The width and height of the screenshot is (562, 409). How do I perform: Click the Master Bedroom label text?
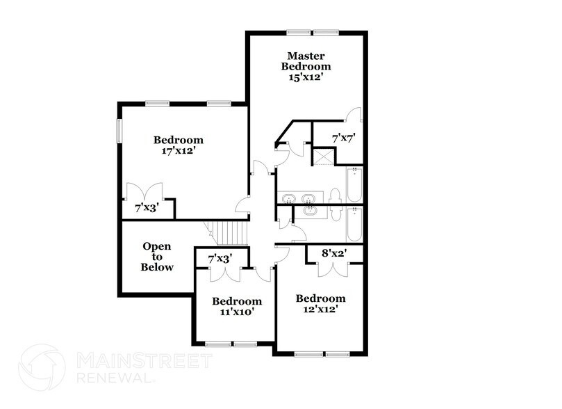[306, 61]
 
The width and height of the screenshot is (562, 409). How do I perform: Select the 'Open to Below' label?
[157, 257]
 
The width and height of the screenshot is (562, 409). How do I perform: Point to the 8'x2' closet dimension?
[334, 254]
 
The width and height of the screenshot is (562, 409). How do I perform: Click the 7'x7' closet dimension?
[343, 138]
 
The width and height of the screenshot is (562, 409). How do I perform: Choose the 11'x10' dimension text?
[237, 312]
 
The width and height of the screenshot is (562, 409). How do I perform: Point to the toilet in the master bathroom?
[334, 197]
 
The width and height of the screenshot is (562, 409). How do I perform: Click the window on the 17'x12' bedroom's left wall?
[119, 131]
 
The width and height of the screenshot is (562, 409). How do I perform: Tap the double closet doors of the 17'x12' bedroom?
[145, 191]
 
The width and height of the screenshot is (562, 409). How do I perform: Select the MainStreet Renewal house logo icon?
[42, 368]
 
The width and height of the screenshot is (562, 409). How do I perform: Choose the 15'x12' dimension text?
[306, 78]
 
